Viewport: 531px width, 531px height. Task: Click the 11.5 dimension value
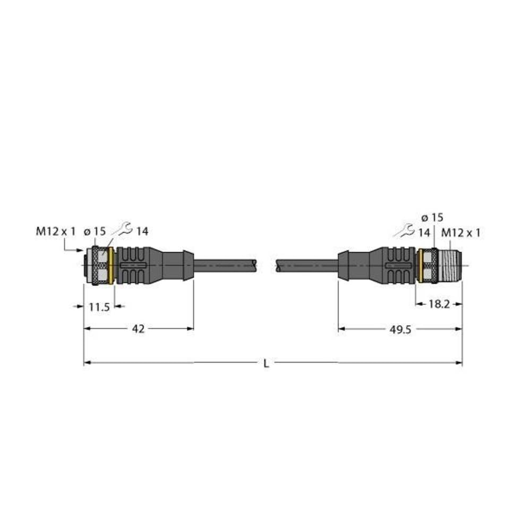pyautogui.click(x=98, y=306)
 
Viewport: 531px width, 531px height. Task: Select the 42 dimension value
pyautogui.click(x=138, y=329)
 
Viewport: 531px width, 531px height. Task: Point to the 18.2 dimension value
pyautogui.click(x=438, y=304)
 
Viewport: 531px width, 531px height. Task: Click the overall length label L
pyautogui.click(x=267, y=364)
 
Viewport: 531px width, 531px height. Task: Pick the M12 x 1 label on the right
pyautogui.click(x=461, y=233)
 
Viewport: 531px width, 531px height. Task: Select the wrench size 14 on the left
pyautogui.click(x=142, y=231)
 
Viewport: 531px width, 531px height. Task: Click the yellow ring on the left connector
pyautogui.click(x=111, y=265)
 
